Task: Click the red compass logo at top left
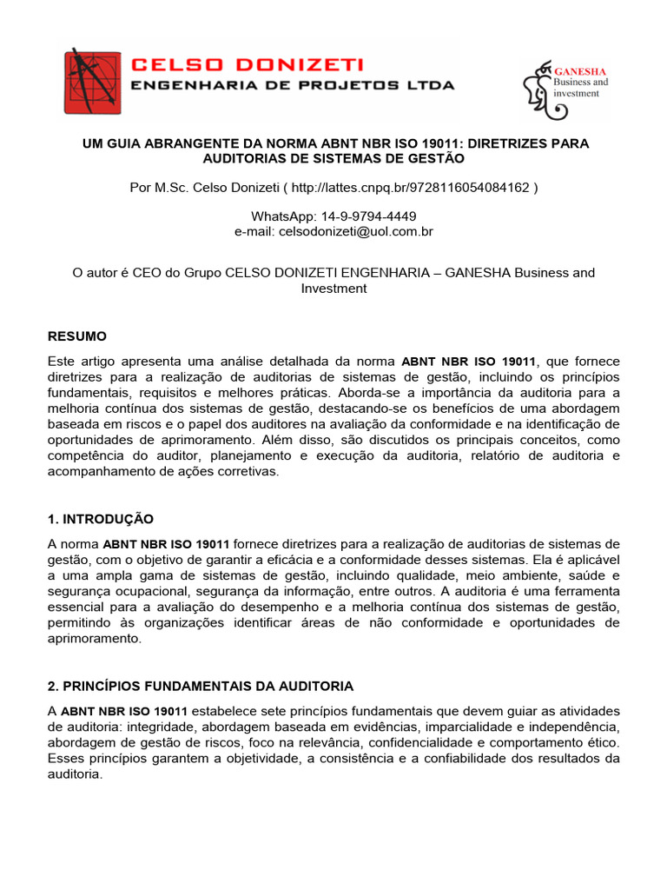pos(92,82)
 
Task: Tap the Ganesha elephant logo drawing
pos(541,89)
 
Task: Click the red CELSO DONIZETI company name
pos(247,65)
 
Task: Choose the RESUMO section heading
pos(76,335)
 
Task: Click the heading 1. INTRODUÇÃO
pos(100,519)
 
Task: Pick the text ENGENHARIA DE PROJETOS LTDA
pos(292,85)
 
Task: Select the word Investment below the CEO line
pos(333,288)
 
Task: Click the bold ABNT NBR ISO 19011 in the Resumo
pos(467,361)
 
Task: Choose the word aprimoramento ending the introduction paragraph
pos(93,638)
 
